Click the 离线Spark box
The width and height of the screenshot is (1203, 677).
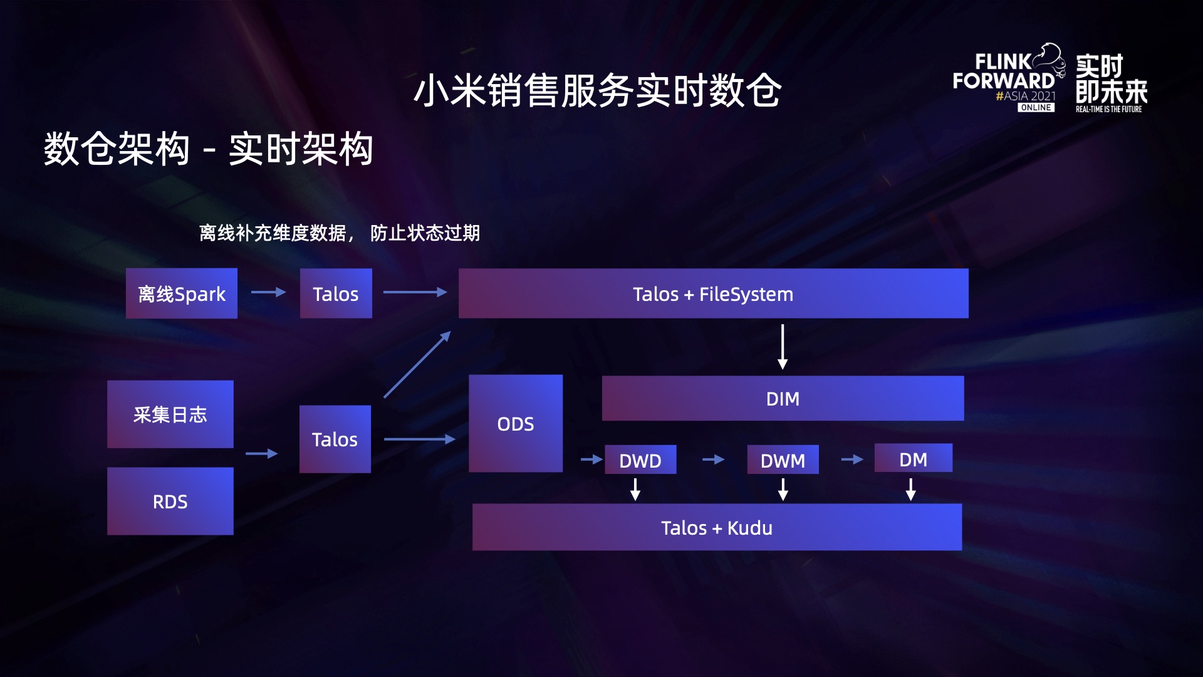181,293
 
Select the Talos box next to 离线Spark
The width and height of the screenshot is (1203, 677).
336,293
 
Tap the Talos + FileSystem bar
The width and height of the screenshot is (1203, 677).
713,293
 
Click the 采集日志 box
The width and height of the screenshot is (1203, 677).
170,414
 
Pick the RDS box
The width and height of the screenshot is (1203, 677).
170,501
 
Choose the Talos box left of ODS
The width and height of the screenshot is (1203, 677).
335,439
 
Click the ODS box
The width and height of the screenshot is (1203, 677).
515,424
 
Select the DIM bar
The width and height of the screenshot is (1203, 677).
783,399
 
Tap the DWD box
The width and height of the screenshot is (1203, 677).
640,460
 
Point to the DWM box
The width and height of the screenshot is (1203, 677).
783,460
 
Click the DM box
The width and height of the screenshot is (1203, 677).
913,459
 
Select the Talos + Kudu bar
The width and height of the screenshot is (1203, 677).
717,527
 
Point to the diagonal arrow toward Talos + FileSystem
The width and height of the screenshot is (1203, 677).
417,365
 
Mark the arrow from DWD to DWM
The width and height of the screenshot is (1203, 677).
713,459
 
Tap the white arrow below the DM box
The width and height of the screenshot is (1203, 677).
911,489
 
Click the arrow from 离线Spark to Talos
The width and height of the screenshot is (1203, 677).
268,292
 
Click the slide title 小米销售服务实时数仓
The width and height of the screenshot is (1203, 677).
597,90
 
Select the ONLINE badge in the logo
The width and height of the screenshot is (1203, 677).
1036,108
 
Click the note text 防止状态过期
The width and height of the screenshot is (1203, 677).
425,233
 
